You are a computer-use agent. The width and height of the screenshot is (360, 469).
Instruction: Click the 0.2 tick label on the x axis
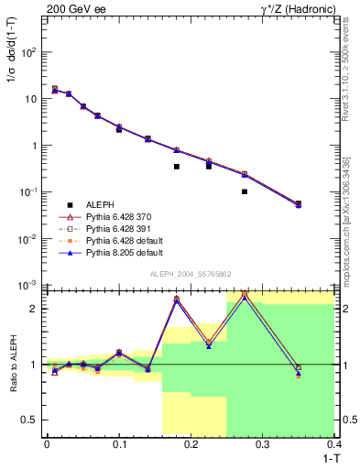[x=191, y=444]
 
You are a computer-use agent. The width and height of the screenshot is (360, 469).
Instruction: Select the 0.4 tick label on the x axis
[x=333, y=444]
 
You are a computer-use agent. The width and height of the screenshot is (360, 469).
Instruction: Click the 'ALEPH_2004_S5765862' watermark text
[x=191, y=274]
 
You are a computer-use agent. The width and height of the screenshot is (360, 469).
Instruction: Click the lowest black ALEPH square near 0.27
[x=245, y=191]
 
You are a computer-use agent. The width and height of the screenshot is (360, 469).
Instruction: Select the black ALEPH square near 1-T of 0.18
[x=177, y=167]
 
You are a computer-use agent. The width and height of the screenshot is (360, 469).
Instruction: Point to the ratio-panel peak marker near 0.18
[x=177, y=300]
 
